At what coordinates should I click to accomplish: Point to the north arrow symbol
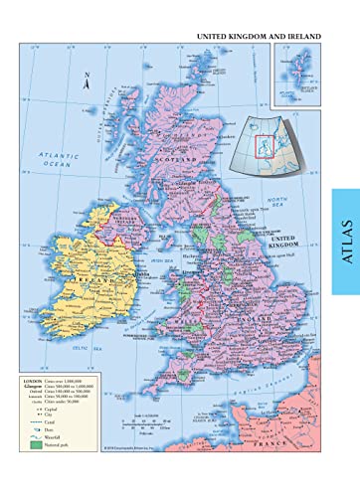[87, 83]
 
